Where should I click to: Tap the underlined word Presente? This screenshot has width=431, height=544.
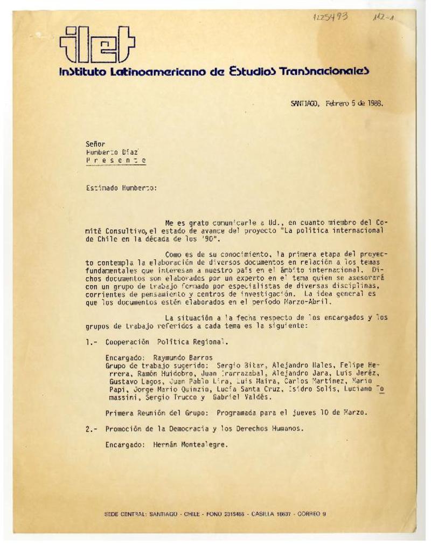click(115, 161)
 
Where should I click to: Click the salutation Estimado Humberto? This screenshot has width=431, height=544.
click(121, 189)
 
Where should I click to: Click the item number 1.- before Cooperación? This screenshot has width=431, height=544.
click(91, 342)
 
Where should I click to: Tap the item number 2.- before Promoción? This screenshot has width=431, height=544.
click(91, 429)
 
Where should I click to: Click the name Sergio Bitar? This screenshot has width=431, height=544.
click(235, 365)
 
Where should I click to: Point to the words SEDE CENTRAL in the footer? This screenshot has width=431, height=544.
click(126, 513)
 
